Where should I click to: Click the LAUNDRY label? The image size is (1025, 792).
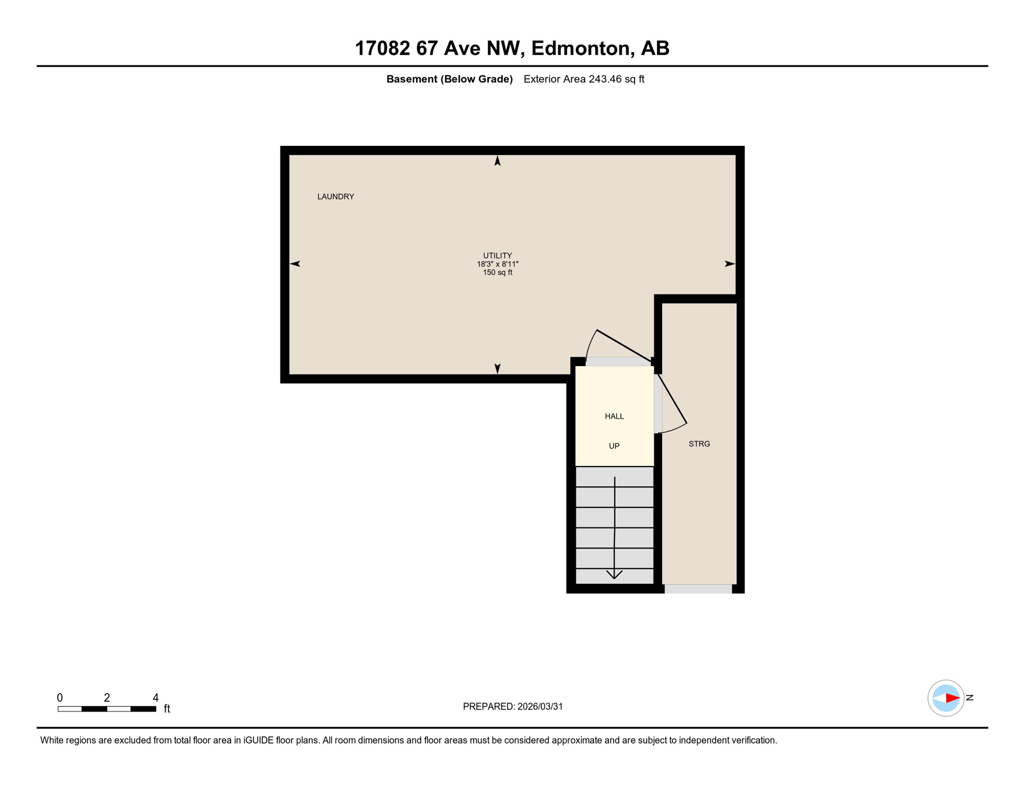pyautogui.click(x=335, y=196)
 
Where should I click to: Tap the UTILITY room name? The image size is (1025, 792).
pyautogui.click(x=497, y=255)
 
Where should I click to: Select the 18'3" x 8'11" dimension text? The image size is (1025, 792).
pyautogui.click(x=497, y=264)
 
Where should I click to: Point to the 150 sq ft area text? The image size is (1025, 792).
pyautogui.click(x=497, y=272)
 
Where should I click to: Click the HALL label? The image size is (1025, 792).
pyautogui.click(x=614, y=416)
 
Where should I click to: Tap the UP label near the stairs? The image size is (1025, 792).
pyautogui.click(x=614, y=446)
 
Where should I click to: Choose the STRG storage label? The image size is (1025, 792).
pyautogui.click(x=699, y=444)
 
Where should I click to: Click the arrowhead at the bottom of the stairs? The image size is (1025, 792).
pyautogui.click(x=614, y=574)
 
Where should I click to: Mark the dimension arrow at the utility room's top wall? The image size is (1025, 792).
pyautogui.click(x=497, y=161)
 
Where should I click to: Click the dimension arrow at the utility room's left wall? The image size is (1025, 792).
pyautogui.click(x=295, y=264)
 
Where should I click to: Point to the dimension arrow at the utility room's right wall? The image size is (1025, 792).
pyautogui.click(x=730, y=264)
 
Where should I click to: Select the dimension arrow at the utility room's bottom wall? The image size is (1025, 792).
pyautogui.click(x=497, y=368)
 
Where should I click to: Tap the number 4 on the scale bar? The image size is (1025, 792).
pyautogui.click(x=155, y=698)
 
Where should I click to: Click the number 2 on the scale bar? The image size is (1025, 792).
pyautogui.click(x=107, y=698)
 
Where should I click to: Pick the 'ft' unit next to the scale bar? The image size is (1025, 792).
pyautogui.click(x=167, y=709)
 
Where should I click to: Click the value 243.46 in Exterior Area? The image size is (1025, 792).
pyautogui.click(x=605, y=79)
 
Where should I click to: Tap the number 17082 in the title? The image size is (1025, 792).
pyautogui.click(x=382, y=48)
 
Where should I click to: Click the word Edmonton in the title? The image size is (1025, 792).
pyautogui.click(x=582, y=48)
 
